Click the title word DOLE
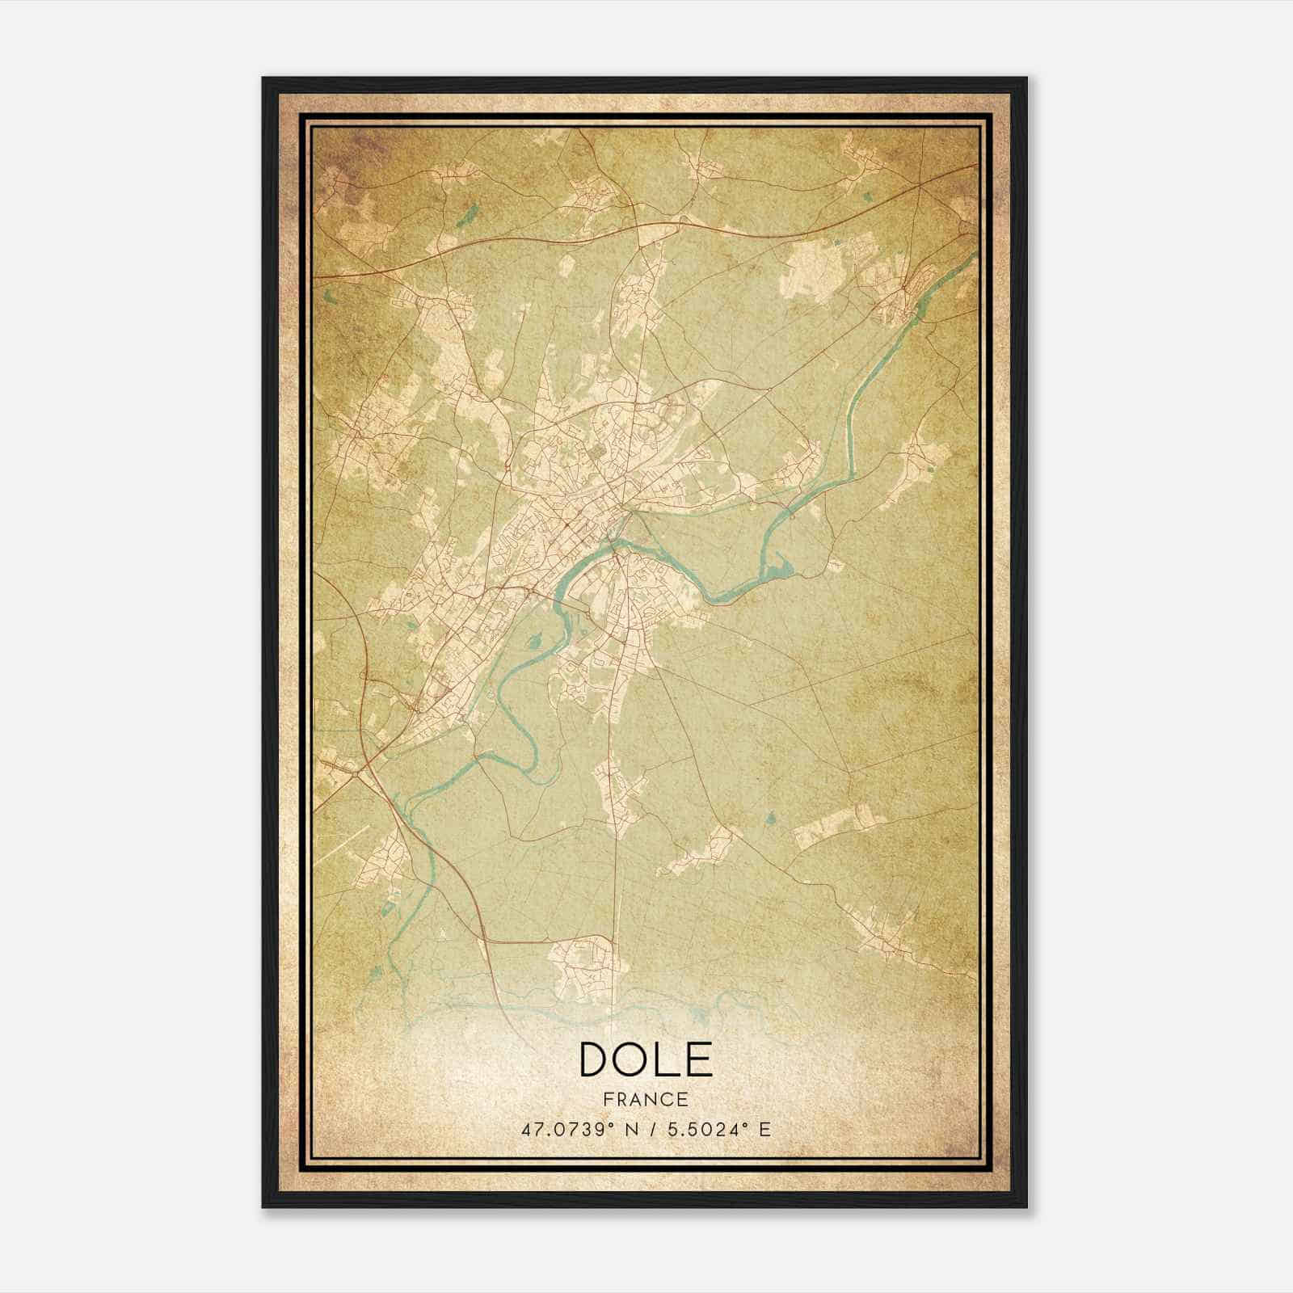pos(646,1059)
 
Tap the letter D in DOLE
pos(596,1059)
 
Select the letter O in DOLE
pos(634,1059)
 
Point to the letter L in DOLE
pos(668,1059)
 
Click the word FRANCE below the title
pos(646,1099)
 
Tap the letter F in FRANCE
pos(608,1099)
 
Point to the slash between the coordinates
pos(646,1129)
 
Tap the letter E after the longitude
pos(764,1129)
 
